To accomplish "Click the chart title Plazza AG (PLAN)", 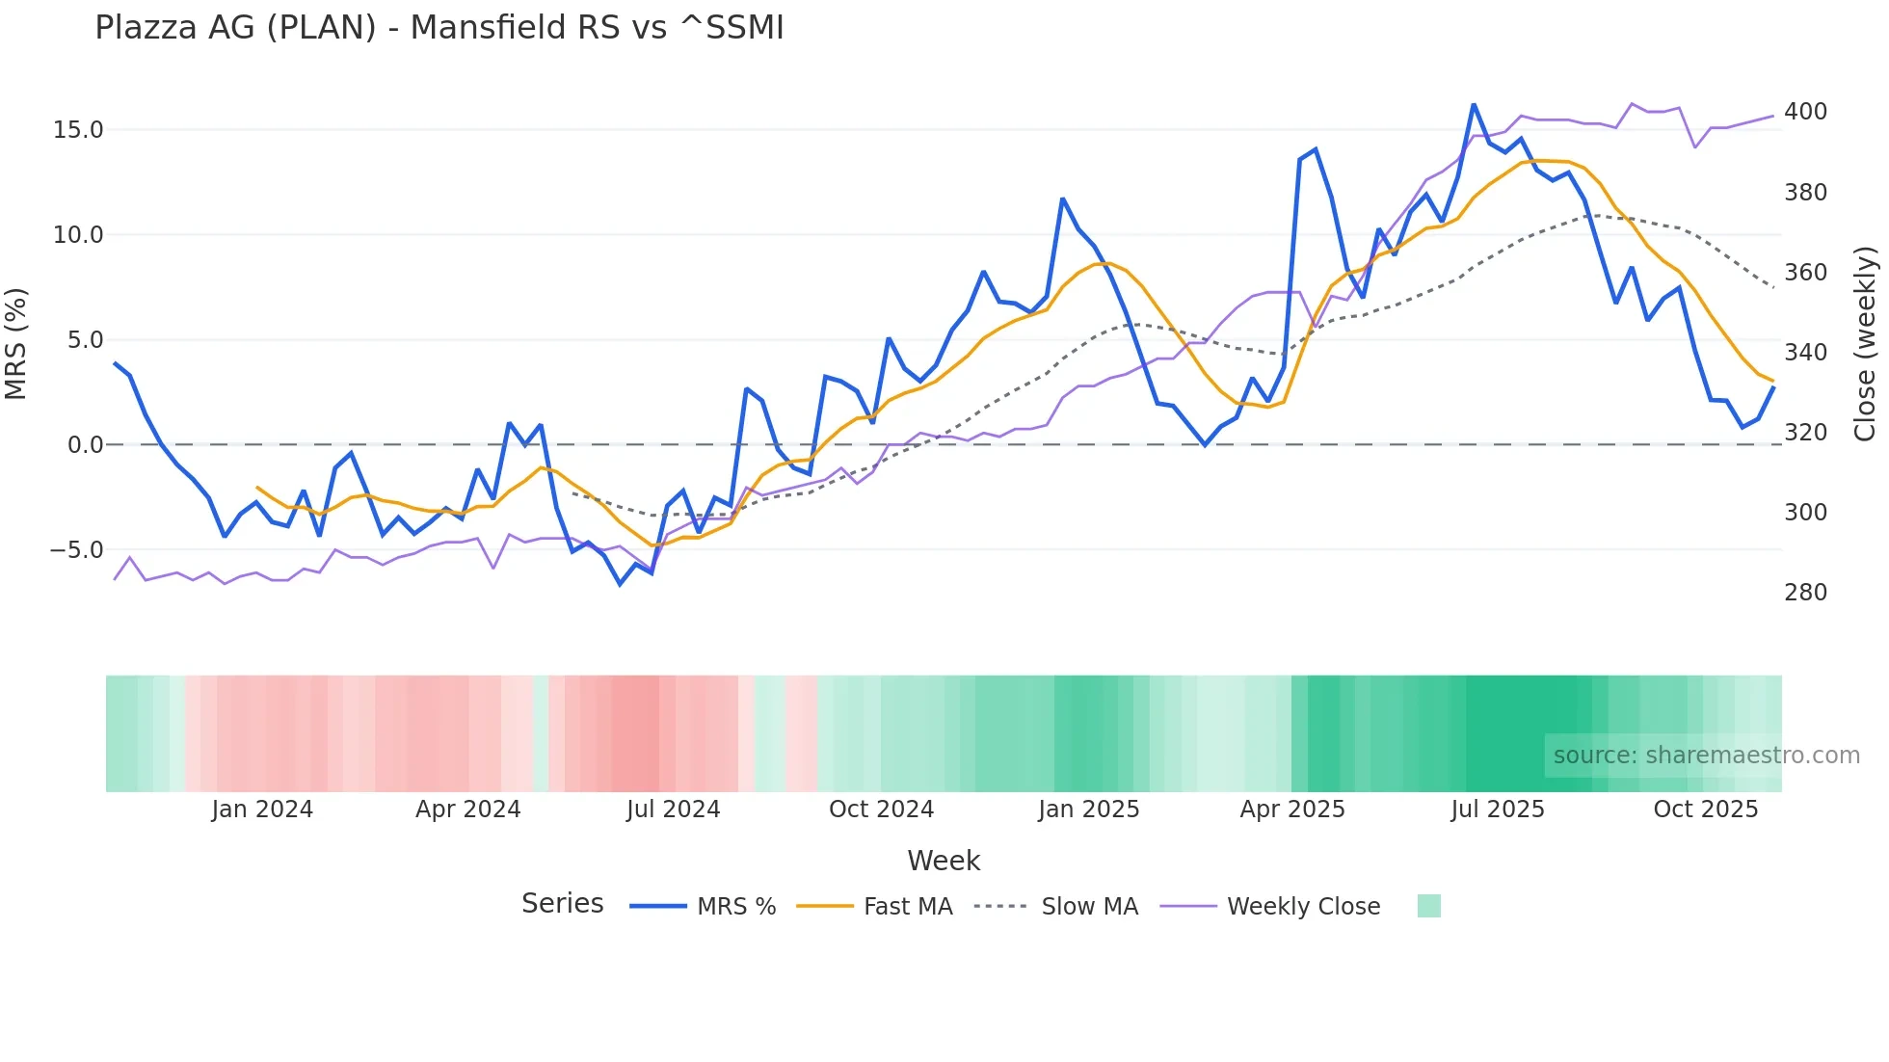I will click(x=439, y=28).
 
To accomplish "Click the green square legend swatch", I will click(x=1428, y=906).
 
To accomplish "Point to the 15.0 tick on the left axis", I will click(x=78, y=130).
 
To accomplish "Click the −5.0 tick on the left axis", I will click(x=76, y=550).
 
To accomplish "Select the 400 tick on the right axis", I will click(x=1805, y=112).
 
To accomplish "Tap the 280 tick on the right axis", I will click(x=1805, y=593).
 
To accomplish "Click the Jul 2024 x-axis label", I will click(x=673, y=810).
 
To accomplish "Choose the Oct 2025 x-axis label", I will click(x=1705, y=810).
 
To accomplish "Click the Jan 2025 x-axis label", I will click(x=1088, y=810).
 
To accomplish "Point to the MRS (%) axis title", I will click(x=16, y=344).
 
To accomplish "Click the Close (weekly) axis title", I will click(x=1865, y=344).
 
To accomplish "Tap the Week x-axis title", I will click(x=944, y=861).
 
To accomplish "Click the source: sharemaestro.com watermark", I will click(x=1706, y=756).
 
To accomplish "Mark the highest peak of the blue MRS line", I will click(x=1474, y=105).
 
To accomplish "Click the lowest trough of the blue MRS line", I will click(x=621, y=584).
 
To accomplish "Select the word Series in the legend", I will click(x=562, y=904).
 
